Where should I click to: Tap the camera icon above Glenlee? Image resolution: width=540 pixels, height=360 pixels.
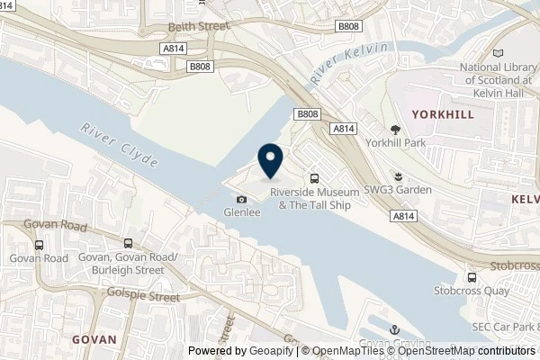pyautogui.click(x=240, y=199)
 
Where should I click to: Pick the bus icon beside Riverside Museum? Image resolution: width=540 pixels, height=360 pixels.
pyautogui.click(x=314, y=177)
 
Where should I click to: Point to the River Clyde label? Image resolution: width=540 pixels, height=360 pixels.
pyautogui.click(x=120, y=145)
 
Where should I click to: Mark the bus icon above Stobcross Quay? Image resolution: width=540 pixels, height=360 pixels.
pyautogui.click(x=472, y=277)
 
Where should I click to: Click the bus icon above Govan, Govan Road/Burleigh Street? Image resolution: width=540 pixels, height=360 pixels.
pyautogui.click(x=129, y=243)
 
